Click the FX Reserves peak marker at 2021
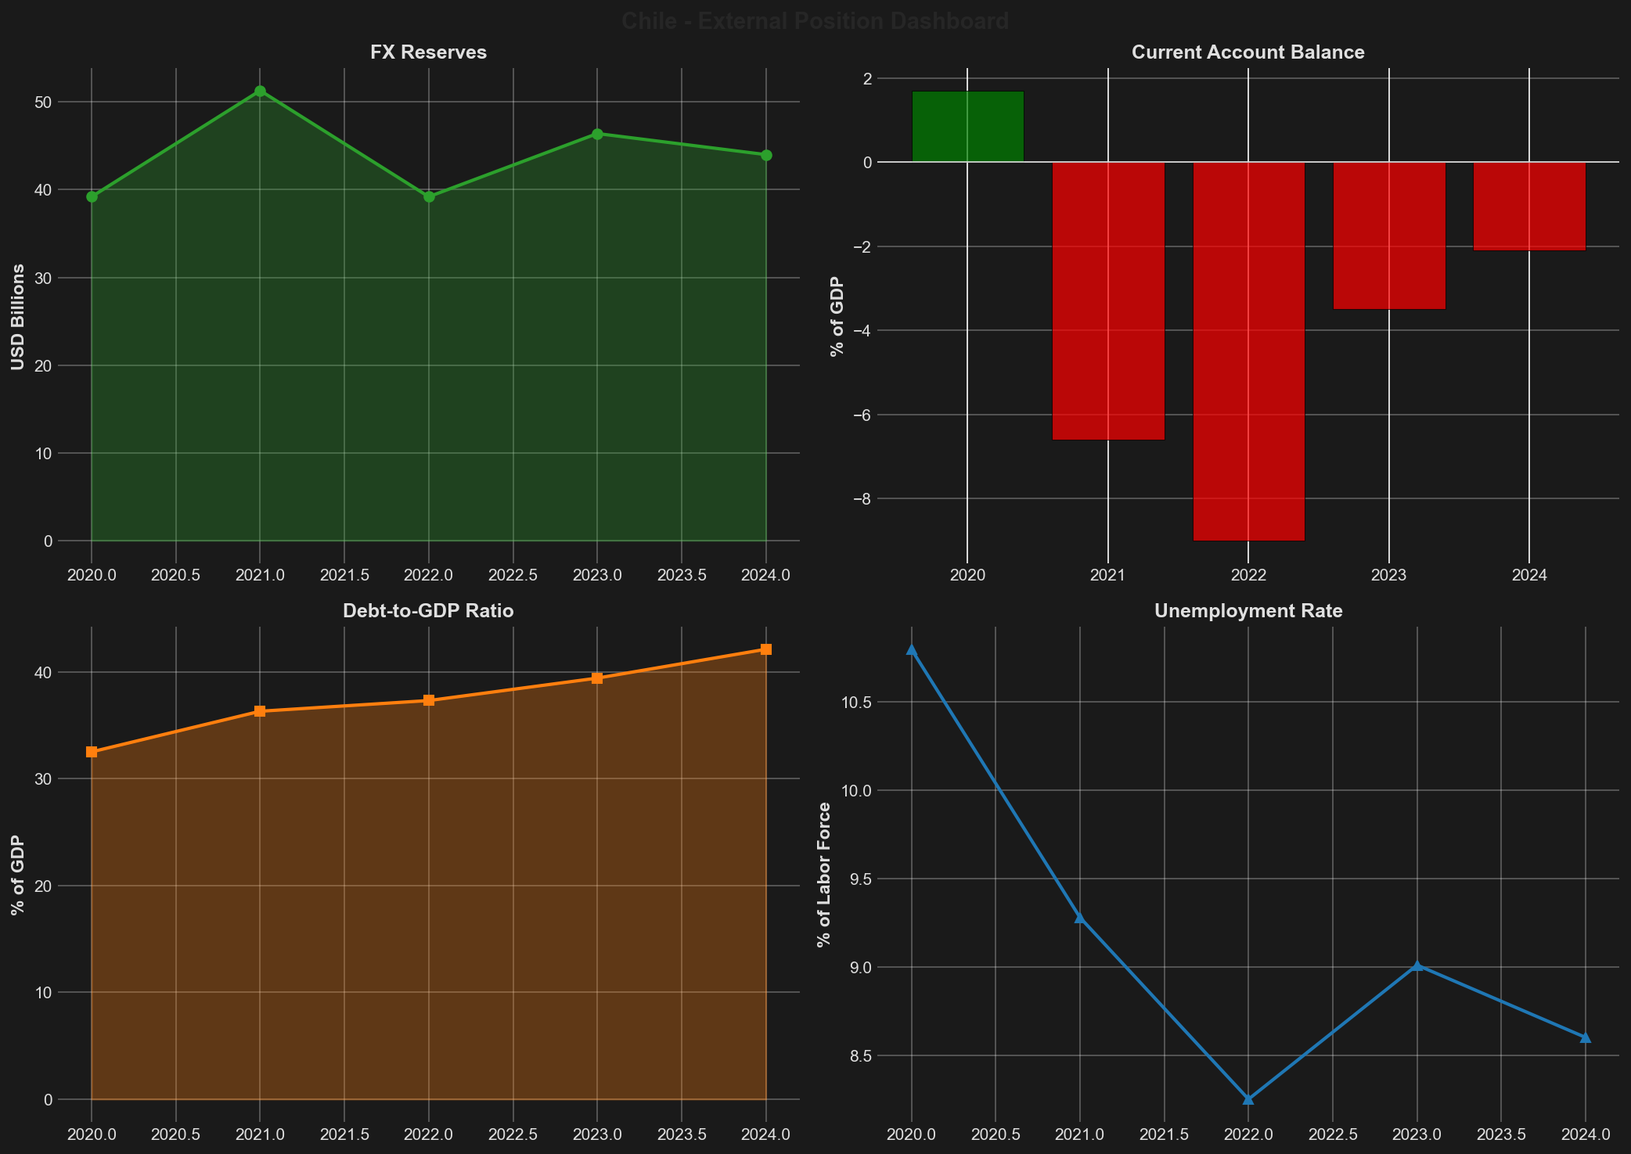coord(260,91)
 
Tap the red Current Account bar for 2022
coord(1248,351)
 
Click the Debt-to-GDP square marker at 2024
coord(766,649)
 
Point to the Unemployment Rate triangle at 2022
coord(1248,1099)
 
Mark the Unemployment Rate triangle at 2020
coord(911,649)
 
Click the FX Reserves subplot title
coord(428,52)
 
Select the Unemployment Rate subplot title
coord(1248,611)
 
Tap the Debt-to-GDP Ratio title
coord(428,611)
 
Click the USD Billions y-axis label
coord(17,317)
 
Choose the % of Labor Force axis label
coord(823,874)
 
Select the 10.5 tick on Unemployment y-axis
coord(859,703)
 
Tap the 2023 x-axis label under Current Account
coord(1388,575)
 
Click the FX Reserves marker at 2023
coord(597,134)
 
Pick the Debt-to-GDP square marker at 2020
coord(92,752)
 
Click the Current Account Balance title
coord(1248,52)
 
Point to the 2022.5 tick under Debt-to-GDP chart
coord(513,1134)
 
